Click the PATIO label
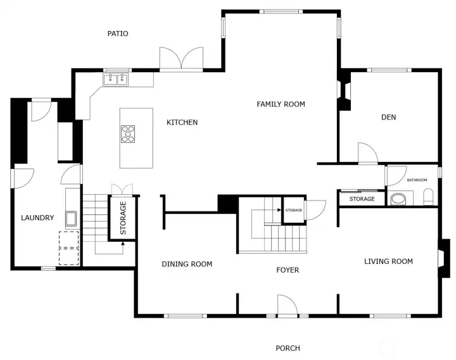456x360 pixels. (118, 34)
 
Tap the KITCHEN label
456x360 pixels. (182, 122)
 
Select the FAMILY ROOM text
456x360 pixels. (281, 104)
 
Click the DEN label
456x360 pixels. (388, 117)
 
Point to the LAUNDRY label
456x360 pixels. (37, 218)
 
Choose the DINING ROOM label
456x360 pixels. (187, 264)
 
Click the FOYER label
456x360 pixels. (288, 270)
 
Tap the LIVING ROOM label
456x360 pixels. (388, 261)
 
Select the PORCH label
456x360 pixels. (288, 348)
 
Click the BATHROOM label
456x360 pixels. (417, 180)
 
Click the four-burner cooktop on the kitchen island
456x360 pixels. (129, 134)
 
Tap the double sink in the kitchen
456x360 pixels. (116, 79)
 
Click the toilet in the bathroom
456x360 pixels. (429, 197)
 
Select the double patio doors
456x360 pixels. (182, 59)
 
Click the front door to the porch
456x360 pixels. (288, 306)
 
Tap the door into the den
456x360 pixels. (367, 154)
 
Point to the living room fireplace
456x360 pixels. (445, 258)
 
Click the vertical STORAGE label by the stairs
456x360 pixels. (123, 218)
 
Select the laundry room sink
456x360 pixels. (70, 218)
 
